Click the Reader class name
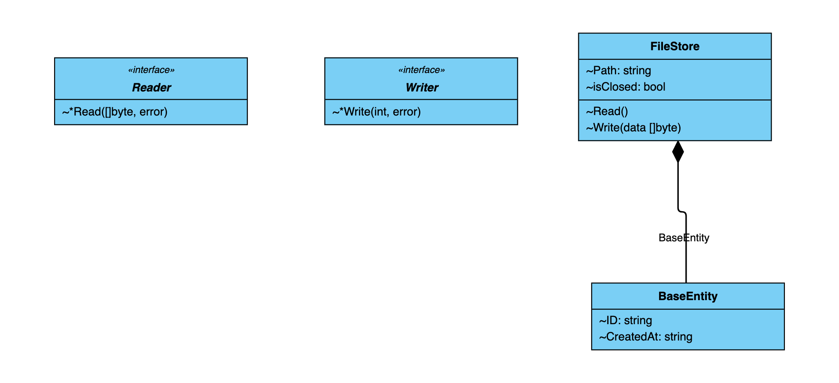pos(151,88)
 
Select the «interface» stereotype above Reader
pos(151,70)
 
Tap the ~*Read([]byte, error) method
pos(115,112)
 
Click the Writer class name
pos(422,88)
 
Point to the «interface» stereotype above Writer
pos(422,70)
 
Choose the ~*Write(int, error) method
pos(377,112)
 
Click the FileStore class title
pos(675,46)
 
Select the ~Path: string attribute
pos(618,70)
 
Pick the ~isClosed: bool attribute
pos(626,87)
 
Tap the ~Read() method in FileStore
pos(607,111)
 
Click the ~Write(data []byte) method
pos(633,128)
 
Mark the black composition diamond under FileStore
pos(678,152)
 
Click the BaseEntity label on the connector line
pos(684,238)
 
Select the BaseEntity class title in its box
pos(688,296)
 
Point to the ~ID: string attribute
pos(625,320)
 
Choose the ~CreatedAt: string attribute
pos(645,337)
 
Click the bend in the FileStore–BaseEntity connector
pos(682,212)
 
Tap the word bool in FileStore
pos(654,87)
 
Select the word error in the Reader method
pos(153,112)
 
